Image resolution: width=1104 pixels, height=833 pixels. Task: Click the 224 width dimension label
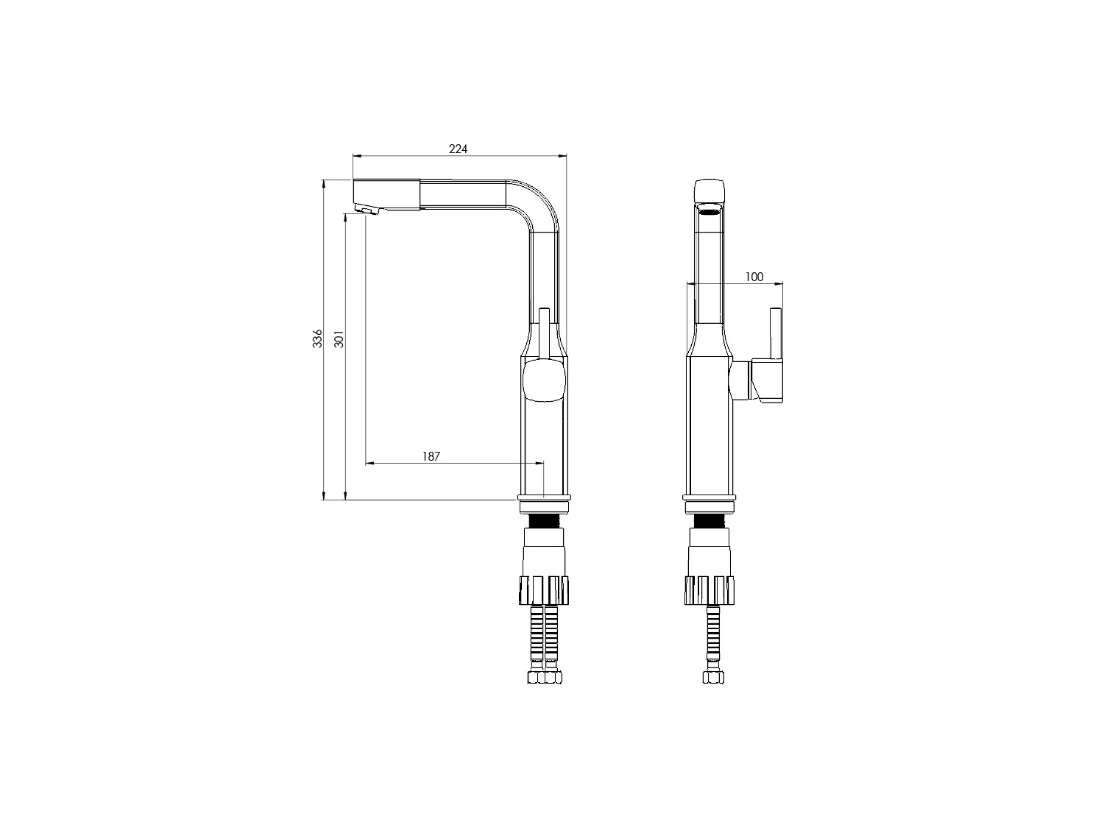[458, 149]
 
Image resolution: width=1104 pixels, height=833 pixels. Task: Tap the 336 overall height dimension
[317, 338]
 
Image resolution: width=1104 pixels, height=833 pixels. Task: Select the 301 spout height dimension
[339, 338]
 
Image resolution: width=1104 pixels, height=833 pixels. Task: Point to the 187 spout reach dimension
[431, 456]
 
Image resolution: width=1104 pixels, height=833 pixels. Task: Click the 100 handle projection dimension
[754, 277]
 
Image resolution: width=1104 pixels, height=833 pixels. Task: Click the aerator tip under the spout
[367, 209]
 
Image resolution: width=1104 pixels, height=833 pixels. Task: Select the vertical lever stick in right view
[776, 334]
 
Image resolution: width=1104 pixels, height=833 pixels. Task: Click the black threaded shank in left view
[544, 520]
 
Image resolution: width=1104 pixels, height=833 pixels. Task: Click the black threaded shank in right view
[709, 521]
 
